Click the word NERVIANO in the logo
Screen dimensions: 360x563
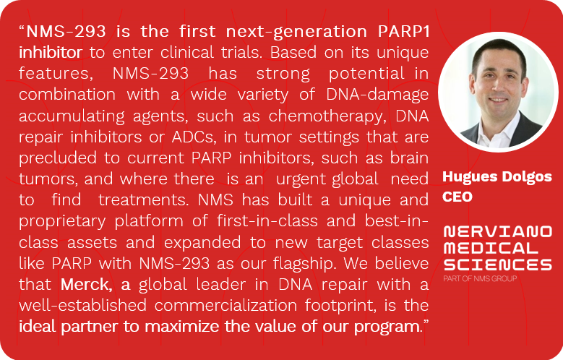(x=497, y=231)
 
